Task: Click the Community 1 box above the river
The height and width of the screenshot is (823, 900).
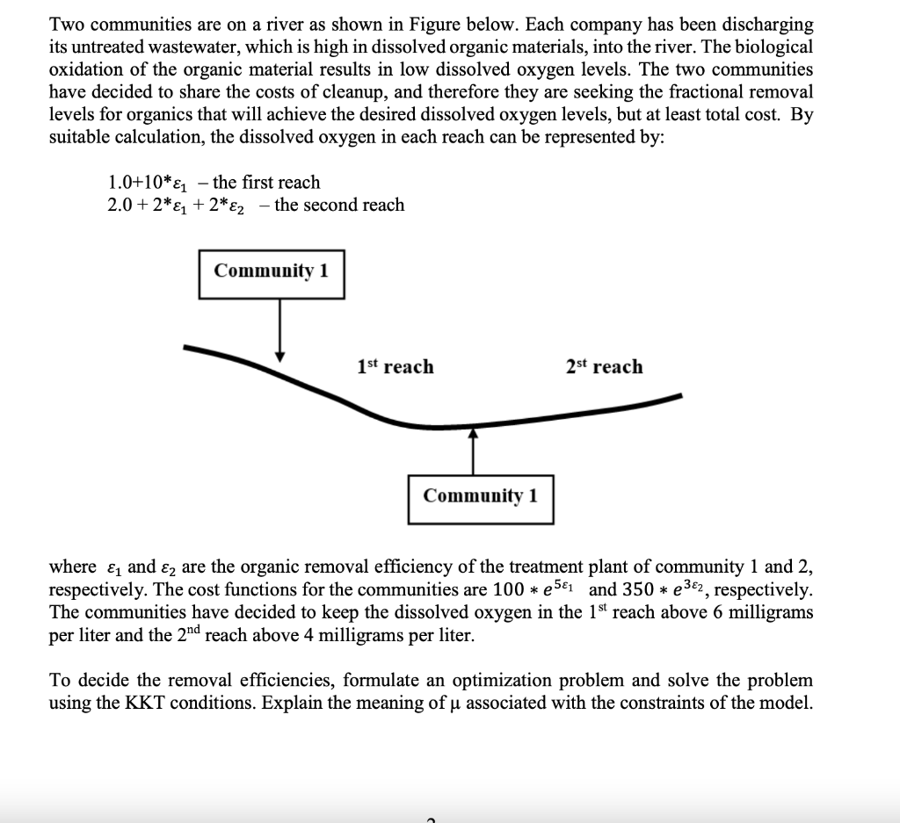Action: pos(272,270)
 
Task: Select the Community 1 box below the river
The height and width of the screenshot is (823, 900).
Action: pos(480,496)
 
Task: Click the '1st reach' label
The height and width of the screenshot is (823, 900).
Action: pos(396,367)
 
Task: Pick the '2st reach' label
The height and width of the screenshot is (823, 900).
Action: pos(605,367)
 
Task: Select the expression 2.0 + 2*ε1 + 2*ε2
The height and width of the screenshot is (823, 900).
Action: pos(183,206)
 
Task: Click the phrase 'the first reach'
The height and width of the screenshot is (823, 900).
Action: pos(266,183)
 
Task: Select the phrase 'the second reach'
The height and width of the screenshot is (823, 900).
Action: pos(339,206)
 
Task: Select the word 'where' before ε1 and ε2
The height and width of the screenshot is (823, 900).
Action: pos(73,567)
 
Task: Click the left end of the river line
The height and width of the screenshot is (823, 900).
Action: pos(187,347)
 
